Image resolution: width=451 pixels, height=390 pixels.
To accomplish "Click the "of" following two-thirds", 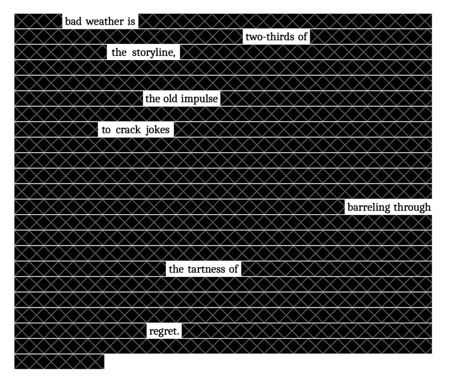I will tap(302, 37).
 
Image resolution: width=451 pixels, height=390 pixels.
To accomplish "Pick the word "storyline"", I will tap(153, 53).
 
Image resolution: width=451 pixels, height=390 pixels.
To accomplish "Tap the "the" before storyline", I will tap(119, 53).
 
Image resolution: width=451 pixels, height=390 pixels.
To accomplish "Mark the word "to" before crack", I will tap(106, 130).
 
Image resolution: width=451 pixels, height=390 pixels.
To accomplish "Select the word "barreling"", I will tap(369, 208).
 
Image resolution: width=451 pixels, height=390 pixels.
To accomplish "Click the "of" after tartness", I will tap(233, 269).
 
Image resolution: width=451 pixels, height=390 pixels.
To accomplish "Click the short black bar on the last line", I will tap(59, 362).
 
